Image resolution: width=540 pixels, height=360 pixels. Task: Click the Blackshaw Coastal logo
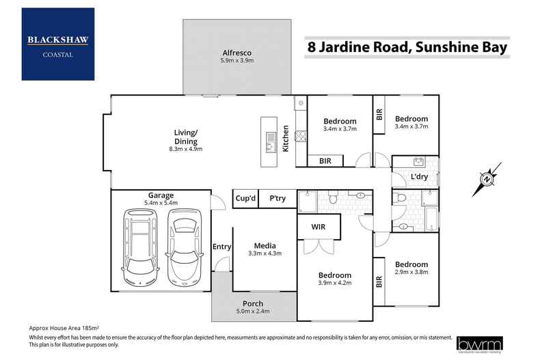click(58, 44)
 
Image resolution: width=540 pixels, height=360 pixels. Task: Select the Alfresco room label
click(238, 52)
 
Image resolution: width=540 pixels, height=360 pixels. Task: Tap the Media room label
click(265, 246)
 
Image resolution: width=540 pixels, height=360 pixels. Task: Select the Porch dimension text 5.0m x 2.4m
click(253, 311)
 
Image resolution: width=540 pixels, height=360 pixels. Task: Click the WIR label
click(318, 225)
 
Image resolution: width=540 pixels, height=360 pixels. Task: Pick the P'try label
click(277, 198)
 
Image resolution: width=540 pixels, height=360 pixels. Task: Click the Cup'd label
click(245, 198)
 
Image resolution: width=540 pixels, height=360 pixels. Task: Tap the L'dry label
click(420, 177)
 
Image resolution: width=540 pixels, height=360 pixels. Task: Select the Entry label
click(221, 247)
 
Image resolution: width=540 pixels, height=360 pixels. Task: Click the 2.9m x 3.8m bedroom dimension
click(411, 273)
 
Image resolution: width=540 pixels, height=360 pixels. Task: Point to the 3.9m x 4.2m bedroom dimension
click(334, 283)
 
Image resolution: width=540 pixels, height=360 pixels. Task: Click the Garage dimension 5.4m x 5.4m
click(161, 203)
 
